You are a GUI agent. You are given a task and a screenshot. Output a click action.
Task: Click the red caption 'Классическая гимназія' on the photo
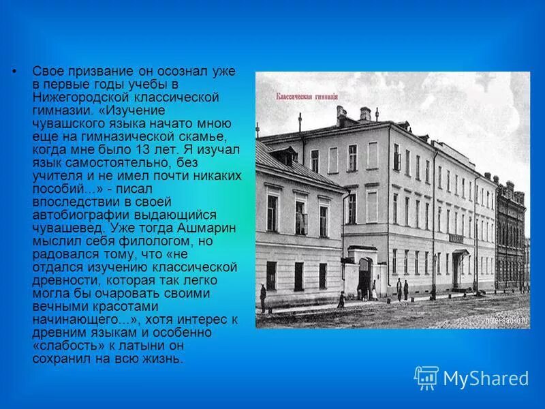point(306,97)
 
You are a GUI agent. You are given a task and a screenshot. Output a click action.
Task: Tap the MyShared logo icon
point(426,378)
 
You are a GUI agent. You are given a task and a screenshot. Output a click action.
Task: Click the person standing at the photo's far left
point(262,297)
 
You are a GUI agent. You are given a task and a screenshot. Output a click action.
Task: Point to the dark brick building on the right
point(510,239)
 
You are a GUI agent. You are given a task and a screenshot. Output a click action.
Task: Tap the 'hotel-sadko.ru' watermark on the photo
point(506,320)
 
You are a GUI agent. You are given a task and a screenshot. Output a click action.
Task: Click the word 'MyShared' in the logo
point(486,378)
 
